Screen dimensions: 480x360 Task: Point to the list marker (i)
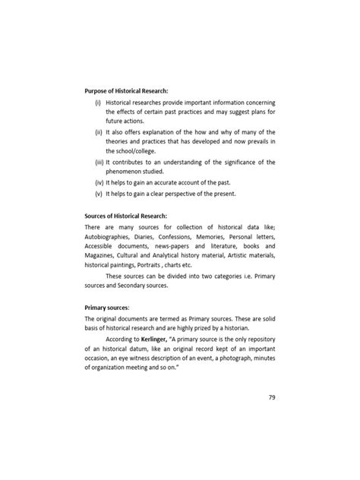click(98, 102)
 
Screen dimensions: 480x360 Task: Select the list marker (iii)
click(98, 162)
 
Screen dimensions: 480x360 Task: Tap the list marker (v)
click(98, 193)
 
